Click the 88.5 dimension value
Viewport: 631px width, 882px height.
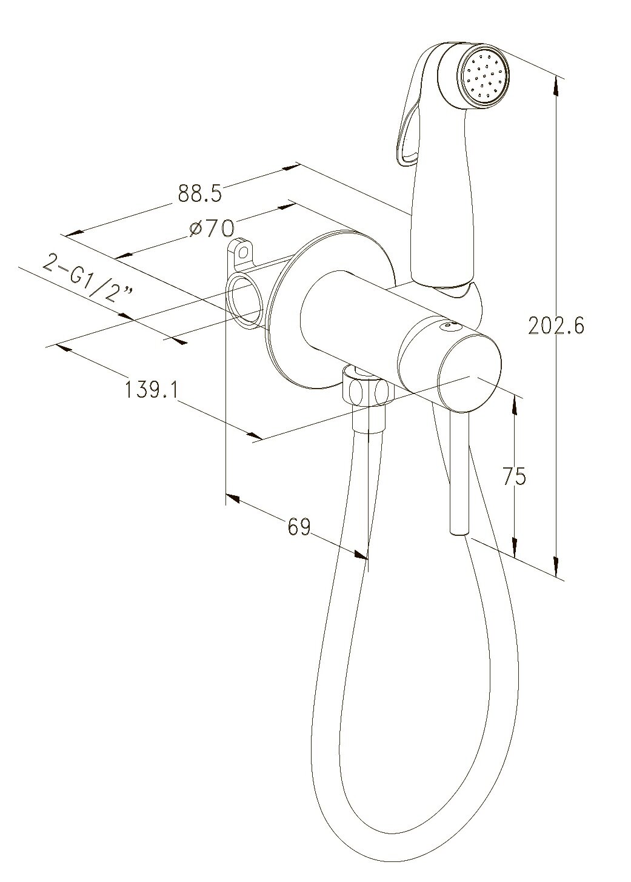click(200, 193)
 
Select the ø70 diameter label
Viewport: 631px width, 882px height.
click(212, 229)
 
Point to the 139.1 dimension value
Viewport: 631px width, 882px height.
click(151, 388)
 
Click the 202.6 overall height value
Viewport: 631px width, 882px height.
click(556, 326)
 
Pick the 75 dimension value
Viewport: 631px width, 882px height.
click(514, 476)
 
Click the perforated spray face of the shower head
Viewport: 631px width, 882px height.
click(483, 78)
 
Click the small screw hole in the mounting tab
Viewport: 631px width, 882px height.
click(244, 250)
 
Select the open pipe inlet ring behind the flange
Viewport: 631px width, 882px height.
click(245, 299)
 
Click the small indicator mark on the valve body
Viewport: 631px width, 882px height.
click(449, 326)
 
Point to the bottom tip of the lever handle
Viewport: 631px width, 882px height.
click(458, 533)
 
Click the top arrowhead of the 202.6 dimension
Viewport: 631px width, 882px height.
click(555, 85)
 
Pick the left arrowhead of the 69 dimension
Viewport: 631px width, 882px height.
click(233, 497)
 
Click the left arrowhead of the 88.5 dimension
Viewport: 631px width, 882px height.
click(73, 233)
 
